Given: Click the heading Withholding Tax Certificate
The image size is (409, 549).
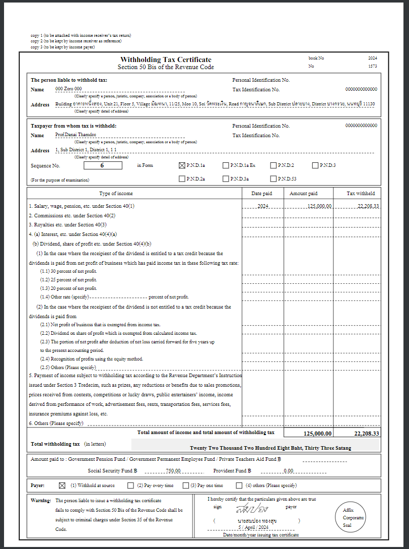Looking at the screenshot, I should click(166, 59).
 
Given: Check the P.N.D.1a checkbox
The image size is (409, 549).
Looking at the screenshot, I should click(182, 165).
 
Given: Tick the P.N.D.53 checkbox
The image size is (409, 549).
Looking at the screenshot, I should click(274, 178).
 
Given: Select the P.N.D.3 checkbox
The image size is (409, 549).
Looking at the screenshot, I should click(315, 165).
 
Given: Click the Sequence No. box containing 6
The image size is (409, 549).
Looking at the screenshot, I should click(102, 165).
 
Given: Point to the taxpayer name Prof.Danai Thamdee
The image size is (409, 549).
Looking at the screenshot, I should click(76, 135).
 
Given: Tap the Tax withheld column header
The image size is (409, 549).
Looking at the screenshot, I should click(361, 194).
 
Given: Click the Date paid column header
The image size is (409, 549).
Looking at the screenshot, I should click(261, 194).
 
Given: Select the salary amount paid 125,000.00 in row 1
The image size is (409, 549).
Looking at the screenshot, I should click(319, 206).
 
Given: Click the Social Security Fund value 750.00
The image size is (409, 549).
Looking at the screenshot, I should click(173, 471).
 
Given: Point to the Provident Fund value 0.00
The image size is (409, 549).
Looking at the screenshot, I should click(289, 471).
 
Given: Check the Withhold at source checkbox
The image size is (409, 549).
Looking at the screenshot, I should click(62, 485).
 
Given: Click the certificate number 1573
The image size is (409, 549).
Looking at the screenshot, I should click(372, 66).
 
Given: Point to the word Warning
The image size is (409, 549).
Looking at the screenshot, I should click(41, 501).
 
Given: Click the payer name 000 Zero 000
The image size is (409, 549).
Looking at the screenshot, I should click(69, 89).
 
